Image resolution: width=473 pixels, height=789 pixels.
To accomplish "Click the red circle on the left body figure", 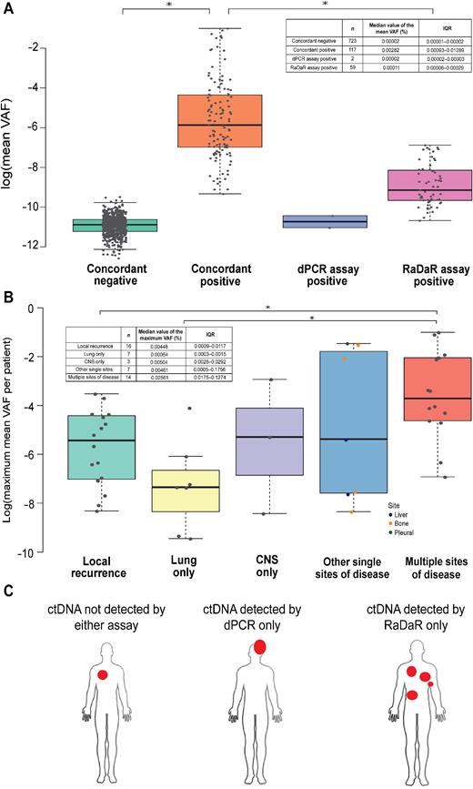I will (x=104, y=675).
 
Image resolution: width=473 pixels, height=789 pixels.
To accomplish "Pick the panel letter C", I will (x=9, y=591).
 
